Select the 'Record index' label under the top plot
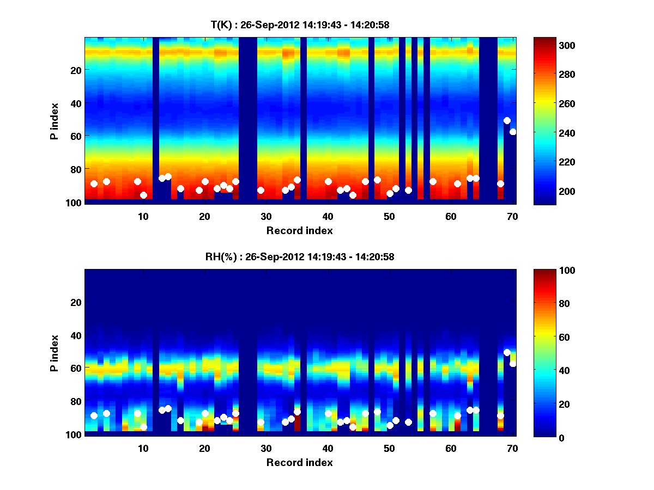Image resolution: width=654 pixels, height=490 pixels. pyautogui.click(x=299, y=230)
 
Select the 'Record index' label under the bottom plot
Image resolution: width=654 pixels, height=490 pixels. pyautogui.click(x=299, y=462)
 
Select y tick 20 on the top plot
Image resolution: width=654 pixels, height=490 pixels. pyautogui.click(x=76, y=70)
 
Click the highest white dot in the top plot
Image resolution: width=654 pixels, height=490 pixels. pyautogui.click(x=507, y=120)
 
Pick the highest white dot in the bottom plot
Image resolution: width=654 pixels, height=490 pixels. pyautogui.click(x=507, y=352)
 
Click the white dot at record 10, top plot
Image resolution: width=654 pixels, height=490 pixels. pyautogui.click(x=143, y=195)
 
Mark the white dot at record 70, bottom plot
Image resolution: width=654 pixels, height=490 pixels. pyautogui.click(x=513, y=364)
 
